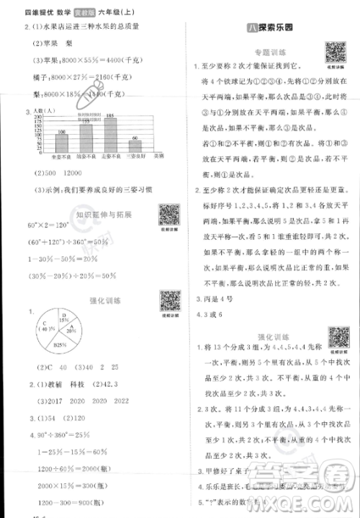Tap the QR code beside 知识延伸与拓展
168,215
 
